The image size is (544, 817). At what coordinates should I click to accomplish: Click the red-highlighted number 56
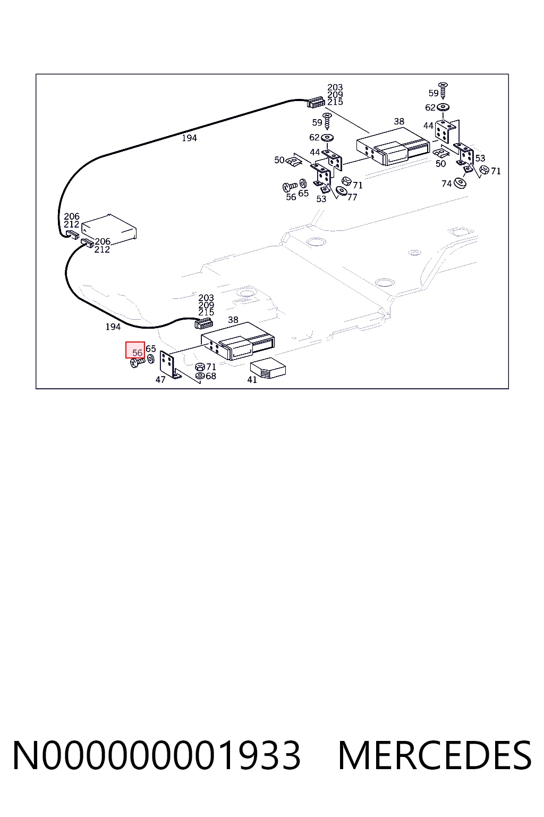(x=137, y=353)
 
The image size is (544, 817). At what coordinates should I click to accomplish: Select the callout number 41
(x=252, y=380)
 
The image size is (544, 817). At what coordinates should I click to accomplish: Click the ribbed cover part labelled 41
(x=268, y=369)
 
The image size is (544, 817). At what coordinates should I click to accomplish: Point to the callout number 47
(x=160, y=380)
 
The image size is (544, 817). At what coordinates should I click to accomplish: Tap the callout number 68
(x=211, y=376)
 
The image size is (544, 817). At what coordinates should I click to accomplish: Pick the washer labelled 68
(x=200, y=376)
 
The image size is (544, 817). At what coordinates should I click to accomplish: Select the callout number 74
(x=447, y=184)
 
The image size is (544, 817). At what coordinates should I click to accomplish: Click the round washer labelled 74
(x=460, y=183)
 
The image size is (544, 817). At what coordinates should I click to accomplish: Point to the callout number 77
(x=352, y=197)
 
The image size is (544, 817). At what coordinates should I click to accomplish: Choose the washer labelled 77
(x=342, y=191)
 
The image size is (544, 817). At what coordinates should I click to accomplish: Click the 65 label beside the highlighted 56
(x=151, y=349)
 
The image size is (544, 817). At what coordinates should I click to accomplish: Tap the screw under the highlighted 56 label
(x=138, y=363)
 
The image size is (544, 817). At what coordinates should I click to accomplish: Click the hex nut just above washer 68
(x=200, y=367)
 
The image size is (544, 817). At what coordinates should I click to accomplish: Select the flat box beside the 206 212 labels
(x=109, y=228)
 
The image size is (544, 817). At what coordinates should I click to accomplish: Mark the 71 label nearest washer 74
(x=496, y=171)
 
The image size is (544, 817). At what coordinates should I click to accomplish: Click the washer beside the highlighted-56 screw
(x=151, y=359)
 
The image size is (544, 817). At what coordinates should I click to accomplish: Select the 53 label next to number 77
(x=321, y=199)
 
